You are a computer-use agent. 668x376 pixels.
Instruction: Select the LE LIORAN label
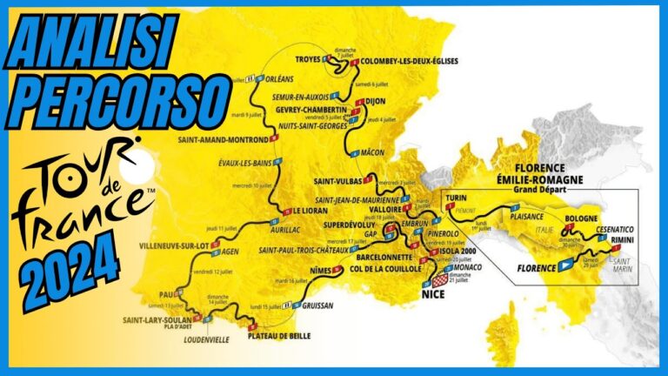(309, 209)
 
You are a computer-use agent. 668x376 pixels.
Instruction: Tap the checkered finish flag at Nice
(440, 280)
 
